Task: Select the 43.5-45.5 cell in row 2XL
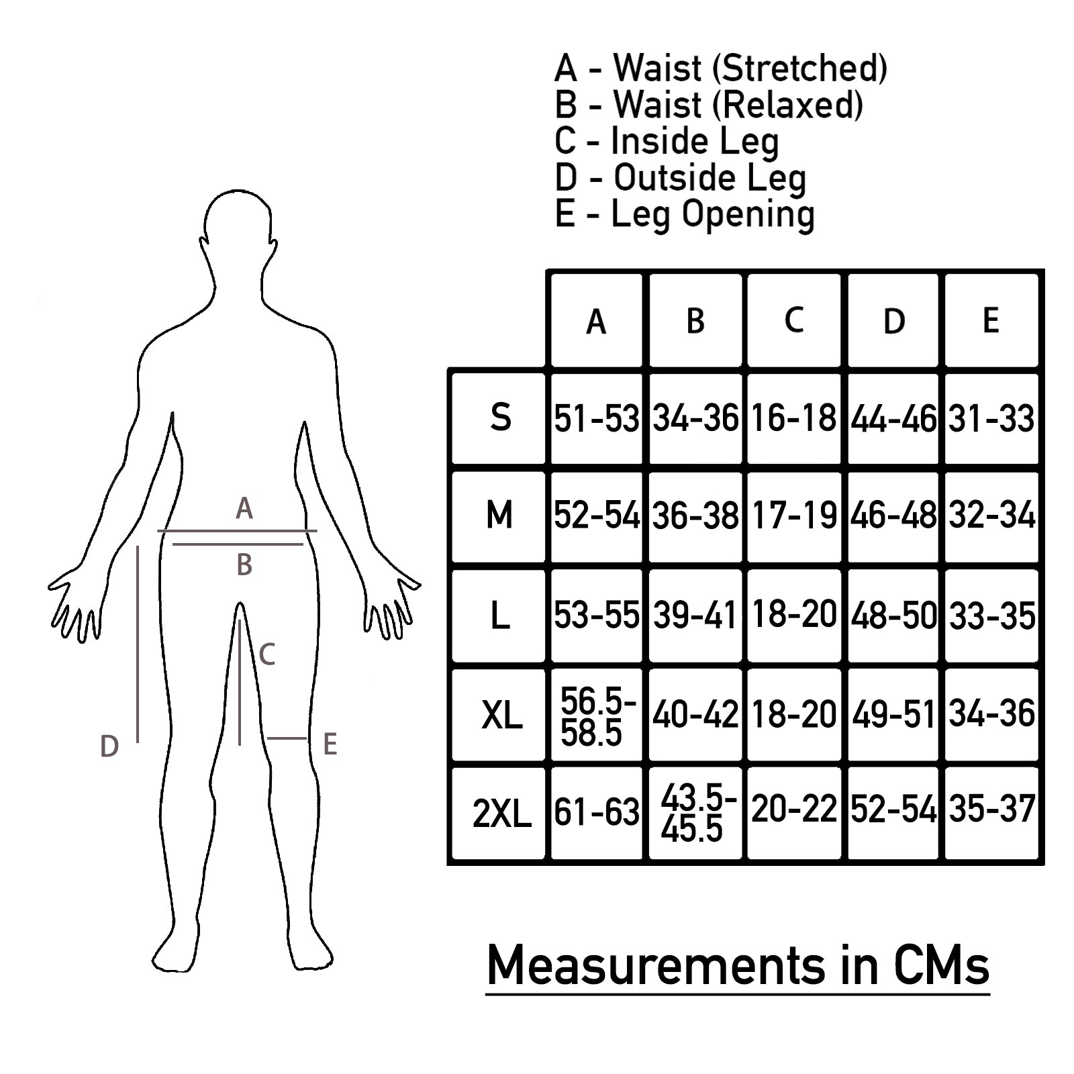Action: (696, 814)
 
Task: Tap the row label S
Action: (500, 418)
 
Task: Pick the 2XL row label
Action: (501, 814)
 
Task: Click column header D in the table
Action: (893, 322)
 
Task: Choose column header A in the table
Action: (596, 322)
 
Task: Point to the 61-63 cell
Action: (597, 812)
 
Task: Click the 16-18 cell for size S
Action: (793, 418)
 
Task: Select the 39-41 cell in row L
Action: (695, 615)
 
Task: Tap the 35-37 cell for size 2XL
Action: (991, 809)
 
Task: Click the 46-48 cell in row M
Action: (893, 516)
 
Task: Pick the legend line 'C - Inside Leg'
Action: (667, 141)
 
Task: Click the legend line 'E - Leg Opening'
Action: (685, 214)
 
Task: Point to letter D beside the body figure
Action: (109, 746)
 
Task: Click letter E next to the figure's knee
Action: (330, 744)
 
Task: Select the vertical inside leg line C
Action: (240, 681)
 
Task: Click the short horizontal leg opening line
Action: (287, 738)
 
